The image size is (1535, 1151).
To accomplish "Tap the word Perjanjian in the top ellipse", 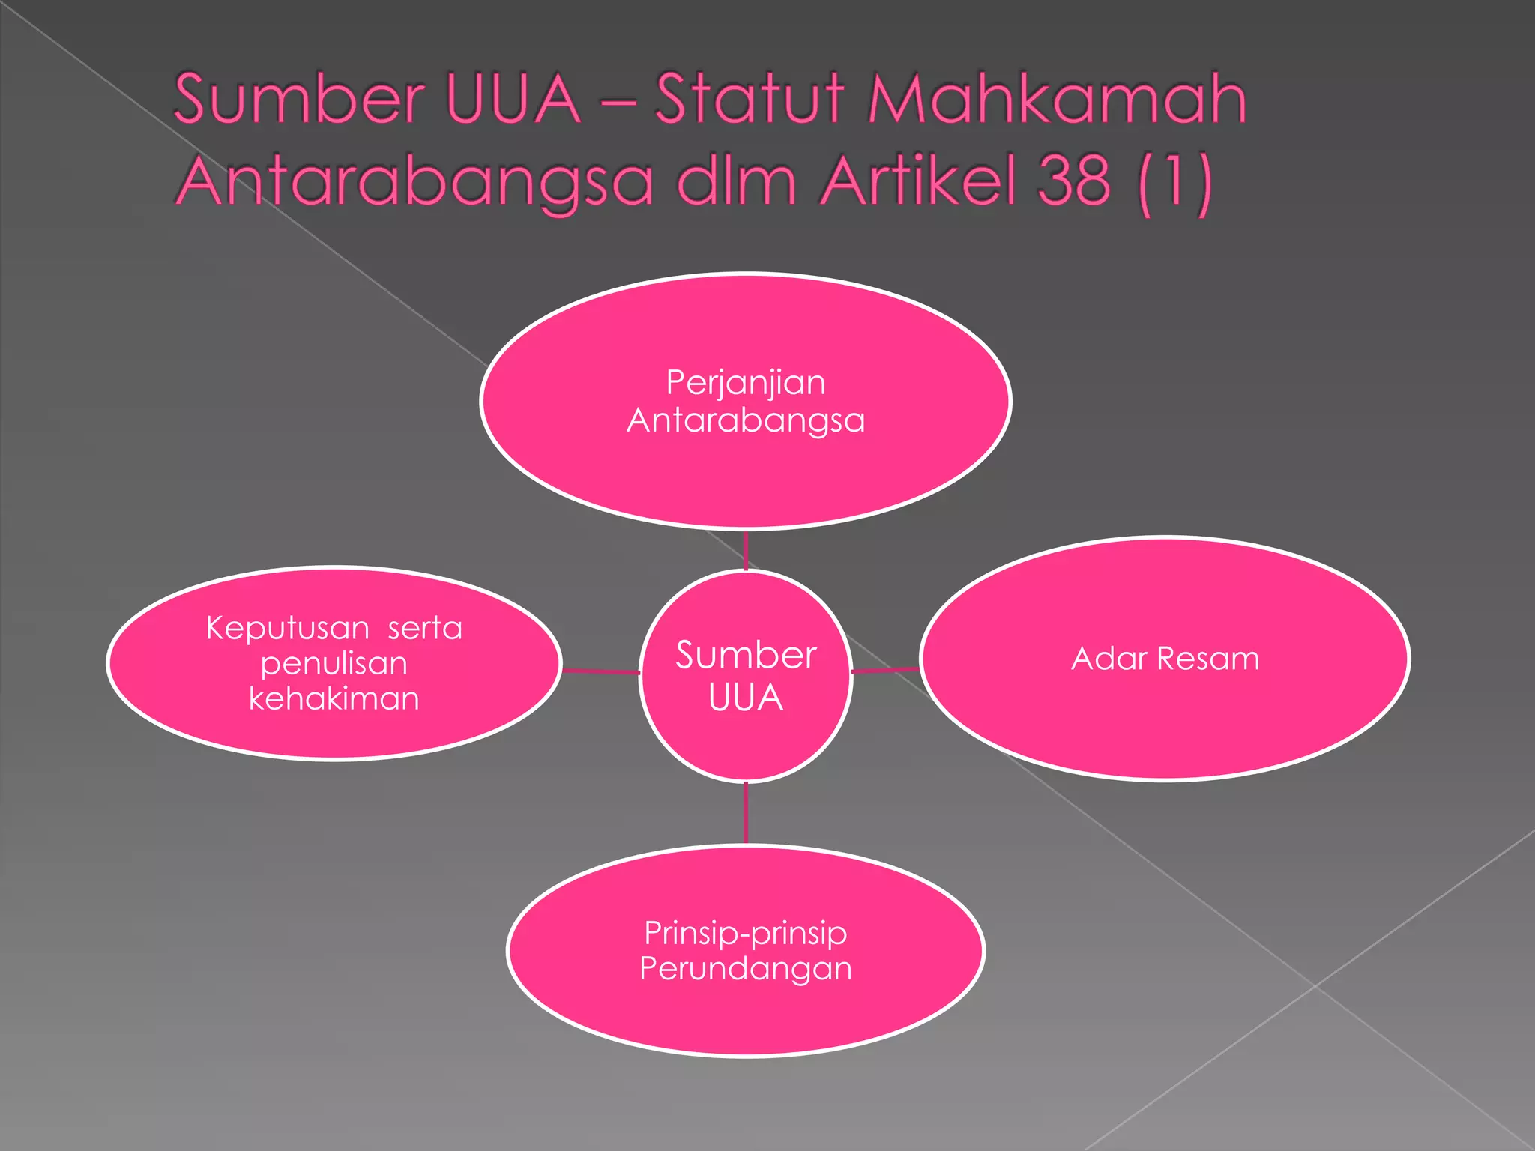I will click(746, 384).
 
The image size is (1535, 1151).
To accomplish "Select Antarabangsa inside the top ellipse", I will click(746, 420).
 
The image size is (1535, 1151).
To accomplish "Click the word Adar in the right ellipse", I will click(1109, 659).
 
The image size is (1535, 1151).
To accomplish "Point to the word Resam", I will click(1208, 659).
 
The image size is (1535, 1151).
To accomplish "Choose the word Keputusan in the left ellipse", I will click(287, 628).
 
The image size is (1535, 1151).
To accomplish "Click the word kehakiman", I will click(334, 699).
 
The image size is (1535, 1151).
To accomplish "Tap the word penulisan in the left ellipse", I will click(334, 664).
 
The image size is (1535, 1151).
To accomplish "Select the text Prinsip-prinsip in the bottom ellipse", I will click(746, 934).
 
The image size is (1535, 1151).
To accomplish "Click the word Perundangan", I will click(746, 969).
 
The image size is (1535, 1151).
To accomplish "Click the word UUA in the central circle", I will click(746, 698).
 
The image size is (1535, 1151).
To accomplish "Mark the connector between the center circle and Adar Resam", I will click(886, 670).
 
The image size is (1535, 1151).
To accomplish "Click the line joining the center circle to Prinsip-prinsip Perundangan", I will click(746, 814).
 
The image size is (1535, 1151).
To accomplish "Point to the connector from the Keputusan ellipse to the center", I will click(600, 671).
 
